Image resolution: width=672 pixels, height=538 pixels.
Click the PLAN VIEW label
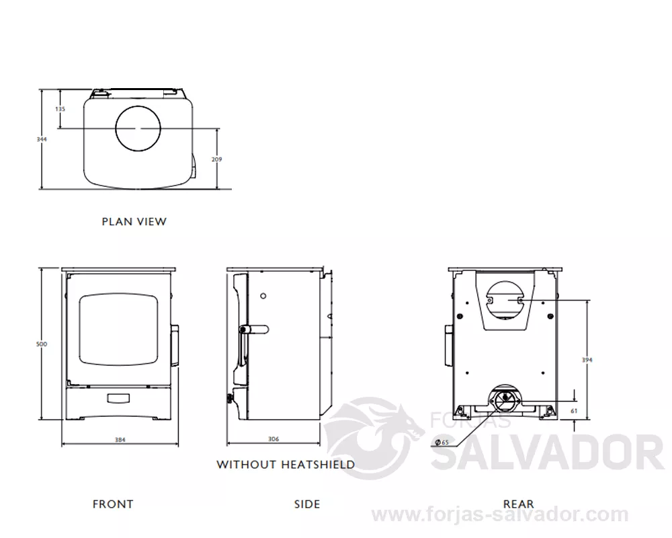pos(134,222)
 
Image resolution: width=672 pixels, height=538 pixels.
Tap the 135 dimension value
pos(60,109)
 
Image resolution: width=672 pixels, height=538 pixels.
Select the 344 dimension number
pos(42,139)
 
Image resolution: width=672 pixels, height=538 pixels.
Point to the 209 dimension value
pos(217,159)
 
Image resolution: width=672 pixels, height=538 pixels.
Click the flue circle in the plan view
pos(116,128)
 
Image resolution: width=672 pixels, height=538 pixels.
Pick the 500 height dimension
pos(42,344)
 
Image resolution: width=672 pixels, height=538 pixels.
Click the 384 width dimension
pos(120,440)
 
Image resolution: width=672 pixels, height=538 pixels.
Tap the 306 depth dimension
pos(274,439)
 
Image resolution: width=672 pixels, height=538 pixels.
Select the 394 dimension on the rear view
pos(587,360)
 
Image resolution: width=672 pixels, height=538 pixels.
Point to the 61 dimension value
pos(575,411)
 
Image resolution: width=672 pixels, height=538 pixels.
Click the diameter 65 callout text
pos(442,443)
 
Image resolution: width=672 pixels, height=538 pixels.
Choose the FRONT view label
pos(113,504)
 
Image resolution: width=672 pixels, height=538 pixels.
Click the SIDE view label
pos(307,504)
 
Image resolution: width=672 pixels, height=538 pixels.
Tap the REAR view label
pos(519,504)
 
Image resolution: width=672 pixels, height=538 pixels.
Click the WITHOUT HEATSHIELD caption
pos(286,465)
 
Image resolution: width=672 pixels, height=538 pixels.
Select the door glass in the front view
pos(119,329)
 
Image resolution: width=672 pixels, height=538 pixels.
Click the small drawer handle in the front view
pos(119,399)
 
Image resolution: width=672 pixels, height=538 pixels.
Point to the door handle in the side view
pos(254,330)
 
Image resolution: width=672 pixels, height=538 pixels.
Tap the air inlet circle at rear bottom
pos(505,398)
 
